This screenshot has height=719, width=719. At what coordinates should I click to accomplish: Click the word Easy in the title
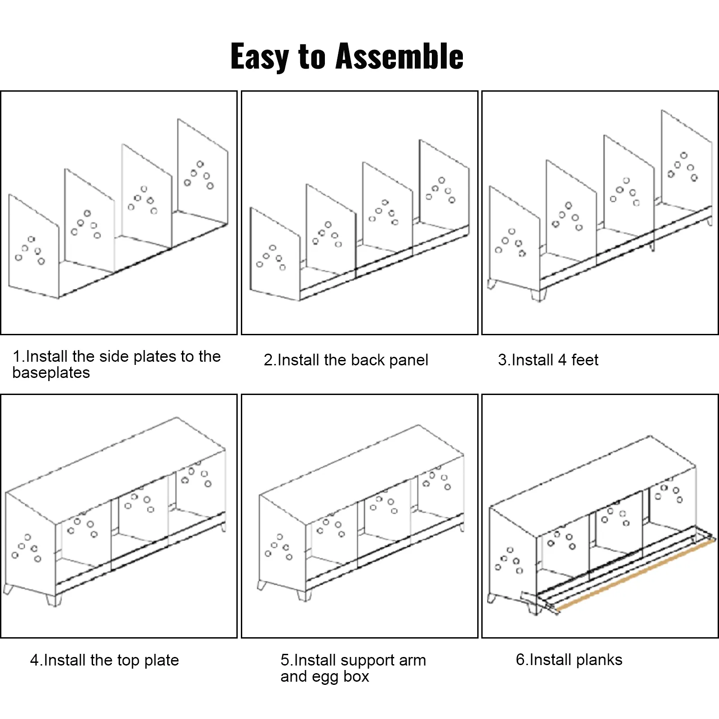click(259, 57)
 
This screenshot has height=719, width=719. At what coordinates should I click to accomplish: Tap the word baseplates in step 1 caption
click(51, 373)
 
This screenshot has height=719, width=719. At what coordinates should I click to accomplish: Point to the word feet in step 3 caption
click(585, 360)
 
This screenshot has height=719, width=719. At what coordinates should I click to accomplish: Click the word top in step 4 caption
click(128, 661)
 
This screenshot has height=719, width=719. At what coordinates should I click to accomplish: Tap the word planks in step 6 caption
click(599, 660)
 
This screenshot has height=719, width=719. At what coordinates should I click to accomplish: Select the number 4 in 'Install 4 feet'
click(562, 360)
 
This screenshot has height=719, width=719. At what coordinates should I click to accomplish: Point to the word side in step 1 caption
click(114, 356)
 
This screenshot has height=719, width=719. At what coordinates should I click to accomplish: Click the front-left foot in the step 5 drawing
click(304, 595)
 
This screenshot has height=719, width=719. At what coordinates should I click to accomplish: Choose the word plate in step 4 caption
click(161, 661)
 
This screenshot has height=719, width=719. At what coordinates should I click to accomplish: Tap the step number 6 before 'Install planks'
click(520, 660)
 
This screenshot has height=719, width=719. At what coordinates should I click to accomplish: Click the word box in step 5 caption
click(356, 677)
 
